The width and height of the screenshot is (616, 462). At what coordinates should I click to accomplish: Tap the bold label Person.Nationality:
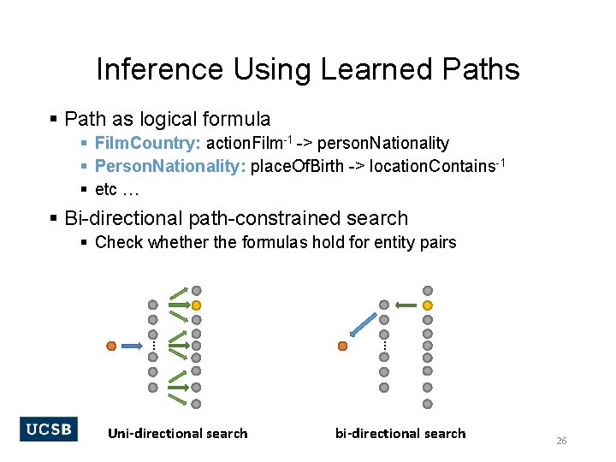point(169,165)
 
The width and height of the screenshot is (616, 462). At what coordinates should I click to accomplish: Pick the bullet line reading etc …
point(118,187)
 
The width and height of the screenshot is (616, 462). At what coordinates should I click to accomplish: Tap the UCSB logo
point(49,429)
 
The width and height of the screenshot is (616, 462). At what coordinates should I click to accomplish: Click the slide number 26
point(562,441)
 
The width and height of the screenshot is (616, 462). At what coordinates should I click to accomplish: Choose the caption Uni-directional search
point(178,434)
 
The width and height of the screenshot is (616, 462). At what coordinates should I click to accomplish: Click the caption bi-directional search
point(400,434)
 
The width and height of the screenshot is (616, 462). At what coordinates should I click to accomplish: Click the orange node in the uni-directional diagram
point(111,346)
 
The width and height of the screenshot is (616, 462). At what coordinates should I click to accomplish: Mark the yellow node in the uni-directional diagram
point(196,305)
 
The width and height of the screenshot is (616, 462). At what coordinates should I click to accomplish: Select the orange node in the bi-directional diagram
point(342,346)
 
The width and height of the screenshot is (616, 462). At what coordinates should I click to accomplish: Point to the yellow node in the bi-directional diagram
point(428,305)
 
